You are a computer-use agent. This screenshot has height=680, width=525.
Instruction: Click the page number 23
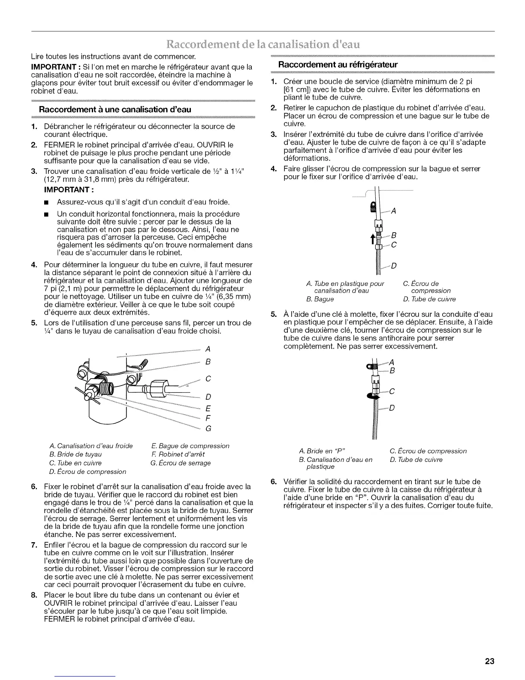pos(489,661)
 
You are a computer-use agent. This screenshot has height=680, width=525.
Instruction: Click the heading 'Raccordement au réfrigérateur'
pos(338,65)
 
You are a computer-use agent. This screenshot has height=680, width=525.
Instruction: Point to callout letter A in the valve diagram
pos(208,348)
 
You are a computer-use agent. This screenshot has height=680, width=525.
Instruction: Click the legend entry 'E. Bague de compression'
pos(190,446)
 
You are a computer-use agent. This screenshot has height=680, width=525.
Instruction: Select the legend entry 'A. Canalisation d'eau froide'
pos(91,446)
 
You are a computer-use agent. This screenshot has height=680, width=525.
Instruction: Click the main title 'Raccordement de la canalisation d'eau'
pos(262,44)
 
